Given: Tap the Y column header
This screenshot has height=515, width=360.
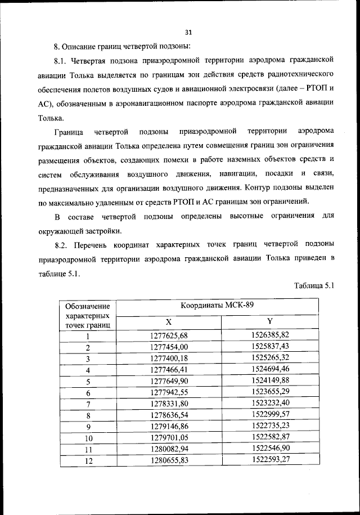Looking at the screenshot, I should coord(269,321).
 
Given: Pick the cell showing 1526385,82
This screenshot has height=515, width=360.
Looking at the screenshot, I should coord(270,335).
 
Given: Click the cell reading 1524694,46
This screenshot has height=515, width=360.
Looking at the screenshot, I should coord(270,369).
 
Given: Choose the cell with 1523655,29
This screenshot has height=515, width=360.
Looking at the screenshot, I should coord(270,392).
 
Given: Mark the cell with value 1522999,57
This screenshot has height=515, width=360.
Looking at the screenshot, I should coord(270,415).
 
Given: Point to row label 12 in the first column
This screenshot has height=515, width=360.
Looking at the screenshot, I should coord(88,461).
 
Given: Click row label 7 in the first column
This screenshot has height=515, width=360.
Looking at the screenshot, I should coord(88,404).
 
